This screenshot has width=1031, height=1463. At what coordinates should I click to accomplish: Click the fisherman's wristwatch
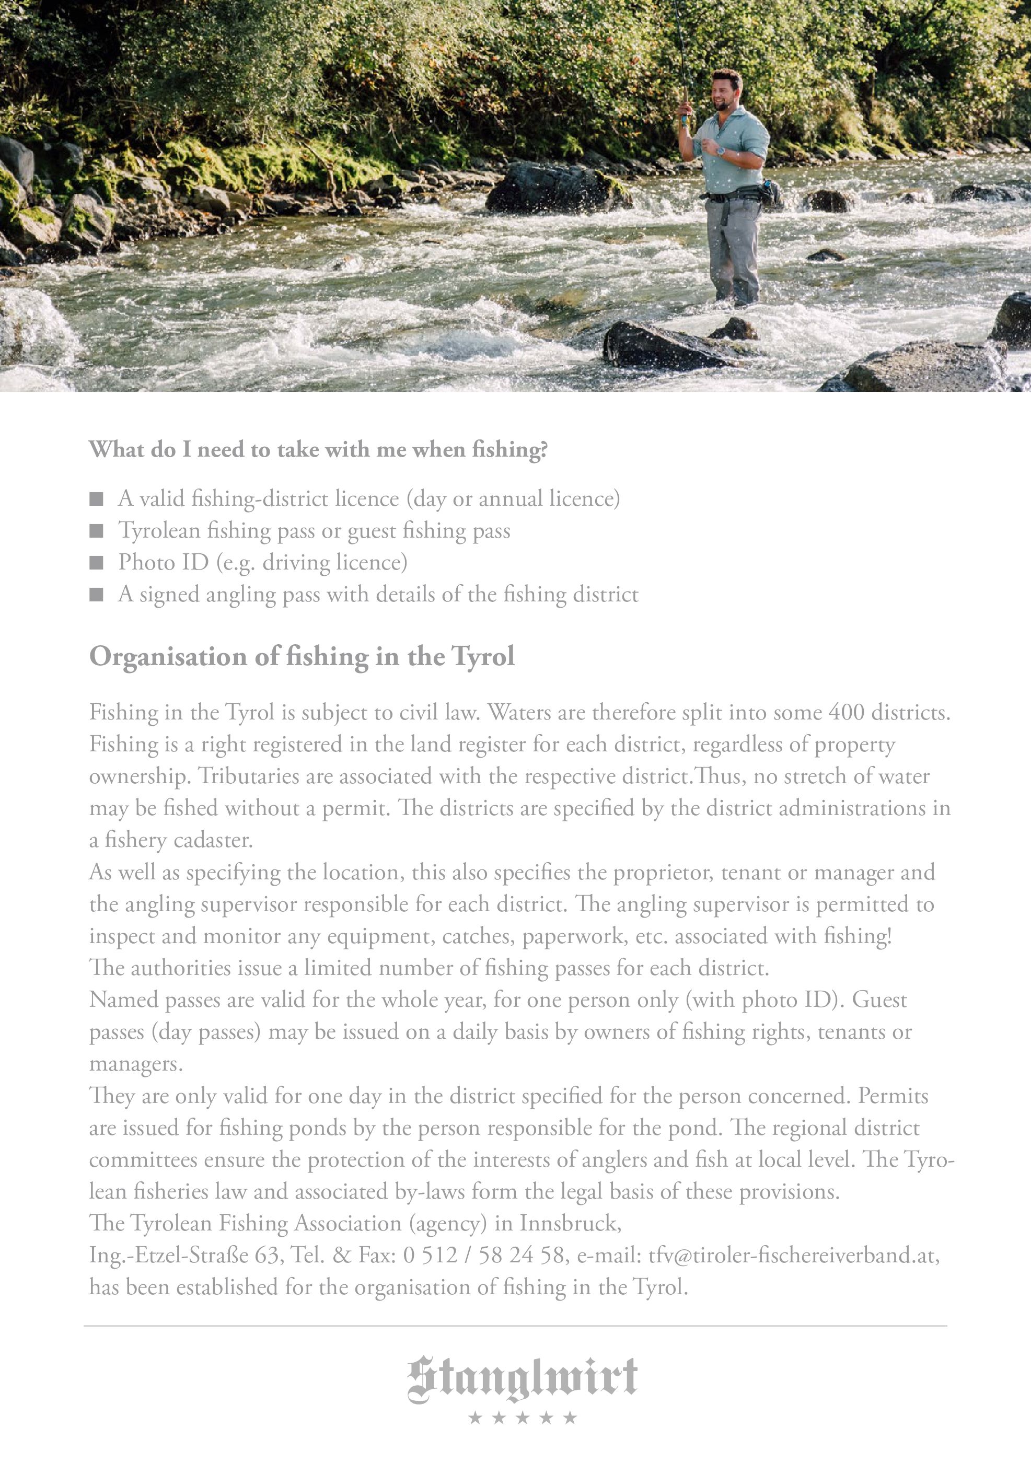click(x=721, y=152)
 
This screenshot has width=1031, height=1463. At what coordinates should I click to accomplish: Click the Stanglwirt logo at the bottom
click(x=522, y=1379)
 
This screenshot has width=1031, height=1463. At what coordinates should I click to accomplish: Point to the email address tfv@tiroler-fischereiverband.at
click(x=793, y=1255)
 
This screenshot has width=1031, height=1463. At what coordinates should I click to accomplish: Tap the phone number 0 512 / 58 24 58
click(x=484, y=1255)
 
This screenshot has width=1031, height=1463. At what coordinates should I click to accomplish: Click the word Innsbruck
click(x=569, y=1223)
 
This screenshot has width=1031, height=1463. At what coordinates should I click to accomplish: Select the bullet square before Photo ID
click(x=96, y=563)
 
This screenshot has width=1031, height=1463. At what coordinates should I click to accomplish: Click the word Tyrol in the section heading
click(x=482, y=656)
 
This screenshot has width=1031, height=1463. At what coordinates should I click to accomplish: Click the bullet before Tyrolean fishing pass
click(x=96, y=531)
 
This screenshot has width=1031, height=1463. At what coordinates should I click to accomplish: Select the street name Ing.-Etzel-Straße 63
click(x=184, y=1255)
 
